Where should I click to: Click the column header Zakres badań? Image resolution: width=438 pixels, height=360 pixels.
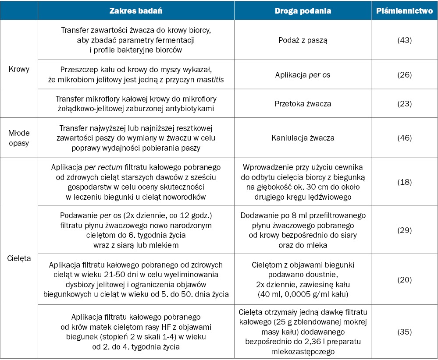[136, 11]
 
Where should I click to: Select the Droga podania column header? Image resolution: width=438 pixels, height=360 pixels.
[303, 11]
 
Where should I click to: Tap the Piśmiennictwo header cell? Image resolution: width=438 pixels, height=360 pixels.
[405, 11]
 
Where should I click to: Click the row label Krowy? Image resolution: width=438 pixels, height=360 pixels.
[19, 69]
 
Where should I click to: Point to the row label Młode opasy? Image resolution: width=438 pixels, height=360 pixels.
[19, 138]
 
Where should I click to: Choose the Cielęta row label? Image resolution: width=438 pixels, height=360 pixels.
[19, 258]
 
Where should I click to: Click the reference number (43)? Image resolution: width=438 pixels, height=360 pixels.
[405, 40]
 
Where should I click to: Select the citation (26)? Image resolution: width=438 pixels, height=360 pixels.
[405, 75]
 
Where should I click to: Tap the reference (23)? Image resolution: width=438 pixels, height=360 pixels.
[405, 104]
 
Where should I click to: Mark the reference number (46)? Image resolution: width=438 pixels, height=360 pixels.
[405, 138]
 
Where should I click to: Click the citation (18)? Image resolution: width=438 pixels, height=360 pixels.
[405, 182]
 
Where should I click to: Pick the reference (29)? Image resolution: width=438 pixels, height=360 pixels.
[405, 230]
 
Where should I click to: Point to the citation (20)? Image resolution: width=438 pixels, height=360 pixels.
[405, 279]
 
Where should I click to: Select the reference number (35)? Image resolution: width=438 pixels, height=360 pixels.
[405, 332]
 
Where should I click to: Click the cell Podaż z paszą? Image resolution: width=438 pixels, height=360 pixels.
[303, 40]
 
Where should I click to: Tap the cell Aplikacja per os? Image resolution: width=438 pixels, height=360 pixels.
[303, 75]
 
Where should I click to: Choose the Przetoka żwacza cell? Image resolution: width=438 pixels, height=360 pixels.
[303, 104]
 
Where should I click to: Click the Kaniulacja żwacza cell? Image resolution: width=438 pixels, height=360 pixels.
[303, 138]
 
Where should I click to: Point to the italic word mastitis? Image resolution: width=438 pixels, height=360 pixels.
[210, 80]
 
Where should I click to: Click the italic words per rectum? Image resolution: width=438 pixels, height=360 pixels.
[103, 167]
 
